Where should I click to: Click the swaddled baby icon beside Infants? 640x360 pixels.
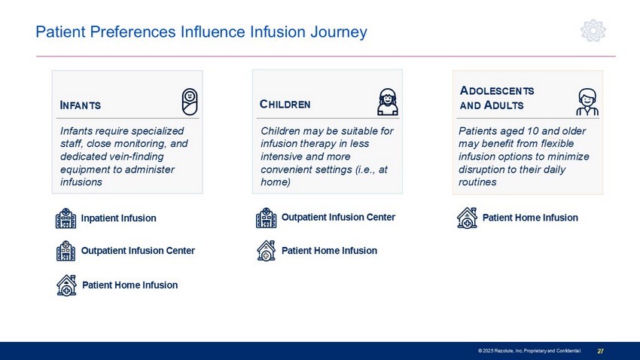pos(190,102)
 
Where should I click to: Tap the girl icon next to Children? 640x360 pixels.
pos(387,102)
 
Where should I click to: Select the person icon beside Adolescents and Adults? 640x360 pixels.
pos(587,102)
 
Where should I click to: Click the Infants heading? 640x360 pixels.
pos(81,105)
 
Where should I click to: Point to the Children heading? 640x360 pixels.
pos(285,105)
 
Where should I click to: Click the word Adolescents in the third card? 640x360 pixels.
pos(497,90)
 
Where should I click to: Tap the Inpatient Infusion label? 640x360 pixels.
pos(118,218)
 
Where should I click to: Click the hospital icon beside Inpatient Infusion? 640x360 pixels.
pos(66,218)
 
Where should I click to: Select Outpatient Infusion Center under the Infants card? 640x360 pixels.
pos(138,251)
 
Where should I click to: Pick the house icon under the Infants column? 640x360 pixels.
pos(66,285)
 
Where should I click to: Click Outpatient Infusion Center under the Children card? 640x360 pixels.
pos(338,217)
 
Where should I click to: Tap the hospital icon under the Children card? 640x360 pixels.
pos(266,218)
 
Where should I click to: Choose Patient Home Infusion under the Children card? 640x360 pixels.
pos(329,251)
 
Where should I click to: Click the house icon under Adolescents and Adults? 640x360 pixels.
pos(467,218)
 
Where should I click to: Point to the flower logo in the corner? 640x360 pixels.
pos(593,31)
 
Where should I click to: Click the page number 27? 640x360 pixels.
pos(600,351)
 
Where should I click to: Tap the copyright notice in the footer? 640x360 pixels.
pos(529,351)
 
